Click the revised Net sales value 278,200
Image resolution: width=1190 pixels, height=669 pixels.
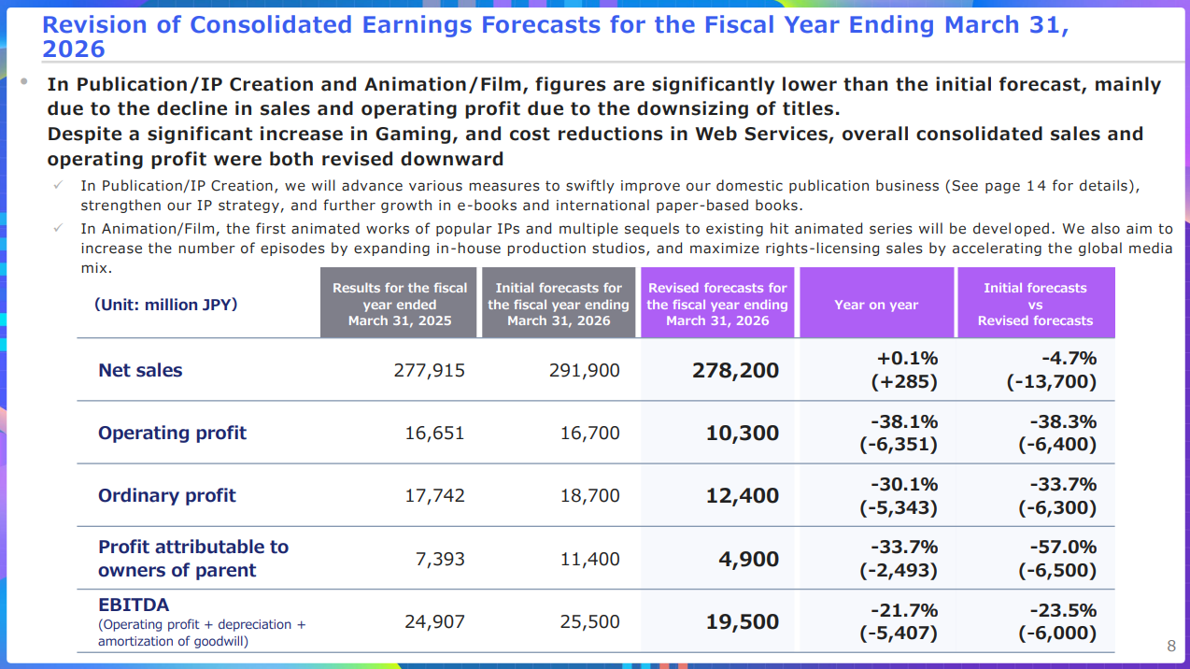pos(735,370)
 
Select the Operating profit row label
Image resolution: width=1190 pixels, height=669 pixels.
pos(172,433)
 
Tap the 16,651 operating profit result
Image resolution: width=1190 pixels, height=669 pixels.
pos(434,433)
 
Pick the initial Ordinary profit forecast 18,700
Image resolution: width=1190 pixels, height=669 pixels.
pos(589,495)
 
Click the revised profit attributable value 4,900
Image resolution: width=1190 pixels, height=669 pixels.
pos(748,559)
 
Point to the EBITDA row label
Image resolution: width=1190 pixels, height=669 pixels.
pos(134,605)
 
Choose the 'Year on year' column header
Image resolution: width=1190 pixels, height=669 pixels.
pos(876,305)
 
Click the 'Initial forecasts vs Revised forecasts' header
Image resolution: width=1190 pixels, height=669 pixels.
pos(1035,305)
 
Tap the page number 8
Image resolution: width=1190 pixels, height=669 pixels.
pos(1171,646)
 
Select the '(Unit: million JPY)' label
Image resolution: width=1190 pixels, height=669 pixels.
pos(165,305)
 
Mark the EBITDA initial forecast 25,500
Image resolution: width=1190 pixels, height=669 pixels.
pos(589,620)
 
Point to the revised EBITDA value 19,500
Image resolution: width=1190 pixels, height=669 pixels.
pos(743,620)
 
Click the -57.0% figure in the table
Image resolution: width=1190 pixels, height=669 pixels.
pos(1063,547)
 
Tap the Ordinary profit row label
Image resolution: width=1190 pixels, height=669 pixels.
pos(167,495)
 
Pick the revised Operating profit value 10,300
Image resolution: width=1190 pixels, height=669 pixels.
pos(743,433)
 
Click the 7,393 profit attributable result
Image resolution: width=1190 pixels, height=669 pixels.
pos(440,559)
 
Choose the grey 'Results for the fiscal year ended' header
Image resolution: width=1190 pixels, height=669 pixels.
pos(400,305)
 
